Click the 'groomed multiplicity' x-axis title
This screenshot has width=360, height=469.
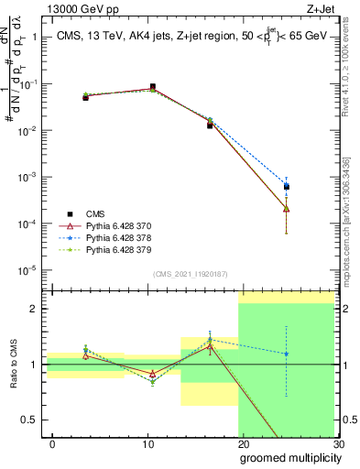point(286,457)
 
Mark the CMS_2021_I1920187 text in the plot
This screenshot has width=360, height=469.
point(191,275)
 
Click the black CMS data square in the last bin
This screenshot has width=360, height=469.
point(287,187)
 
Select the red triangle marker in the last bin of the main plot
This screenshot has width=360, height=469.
point(287,208)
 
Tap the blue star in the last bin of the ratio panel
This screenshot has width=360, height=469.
point(287,354)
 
